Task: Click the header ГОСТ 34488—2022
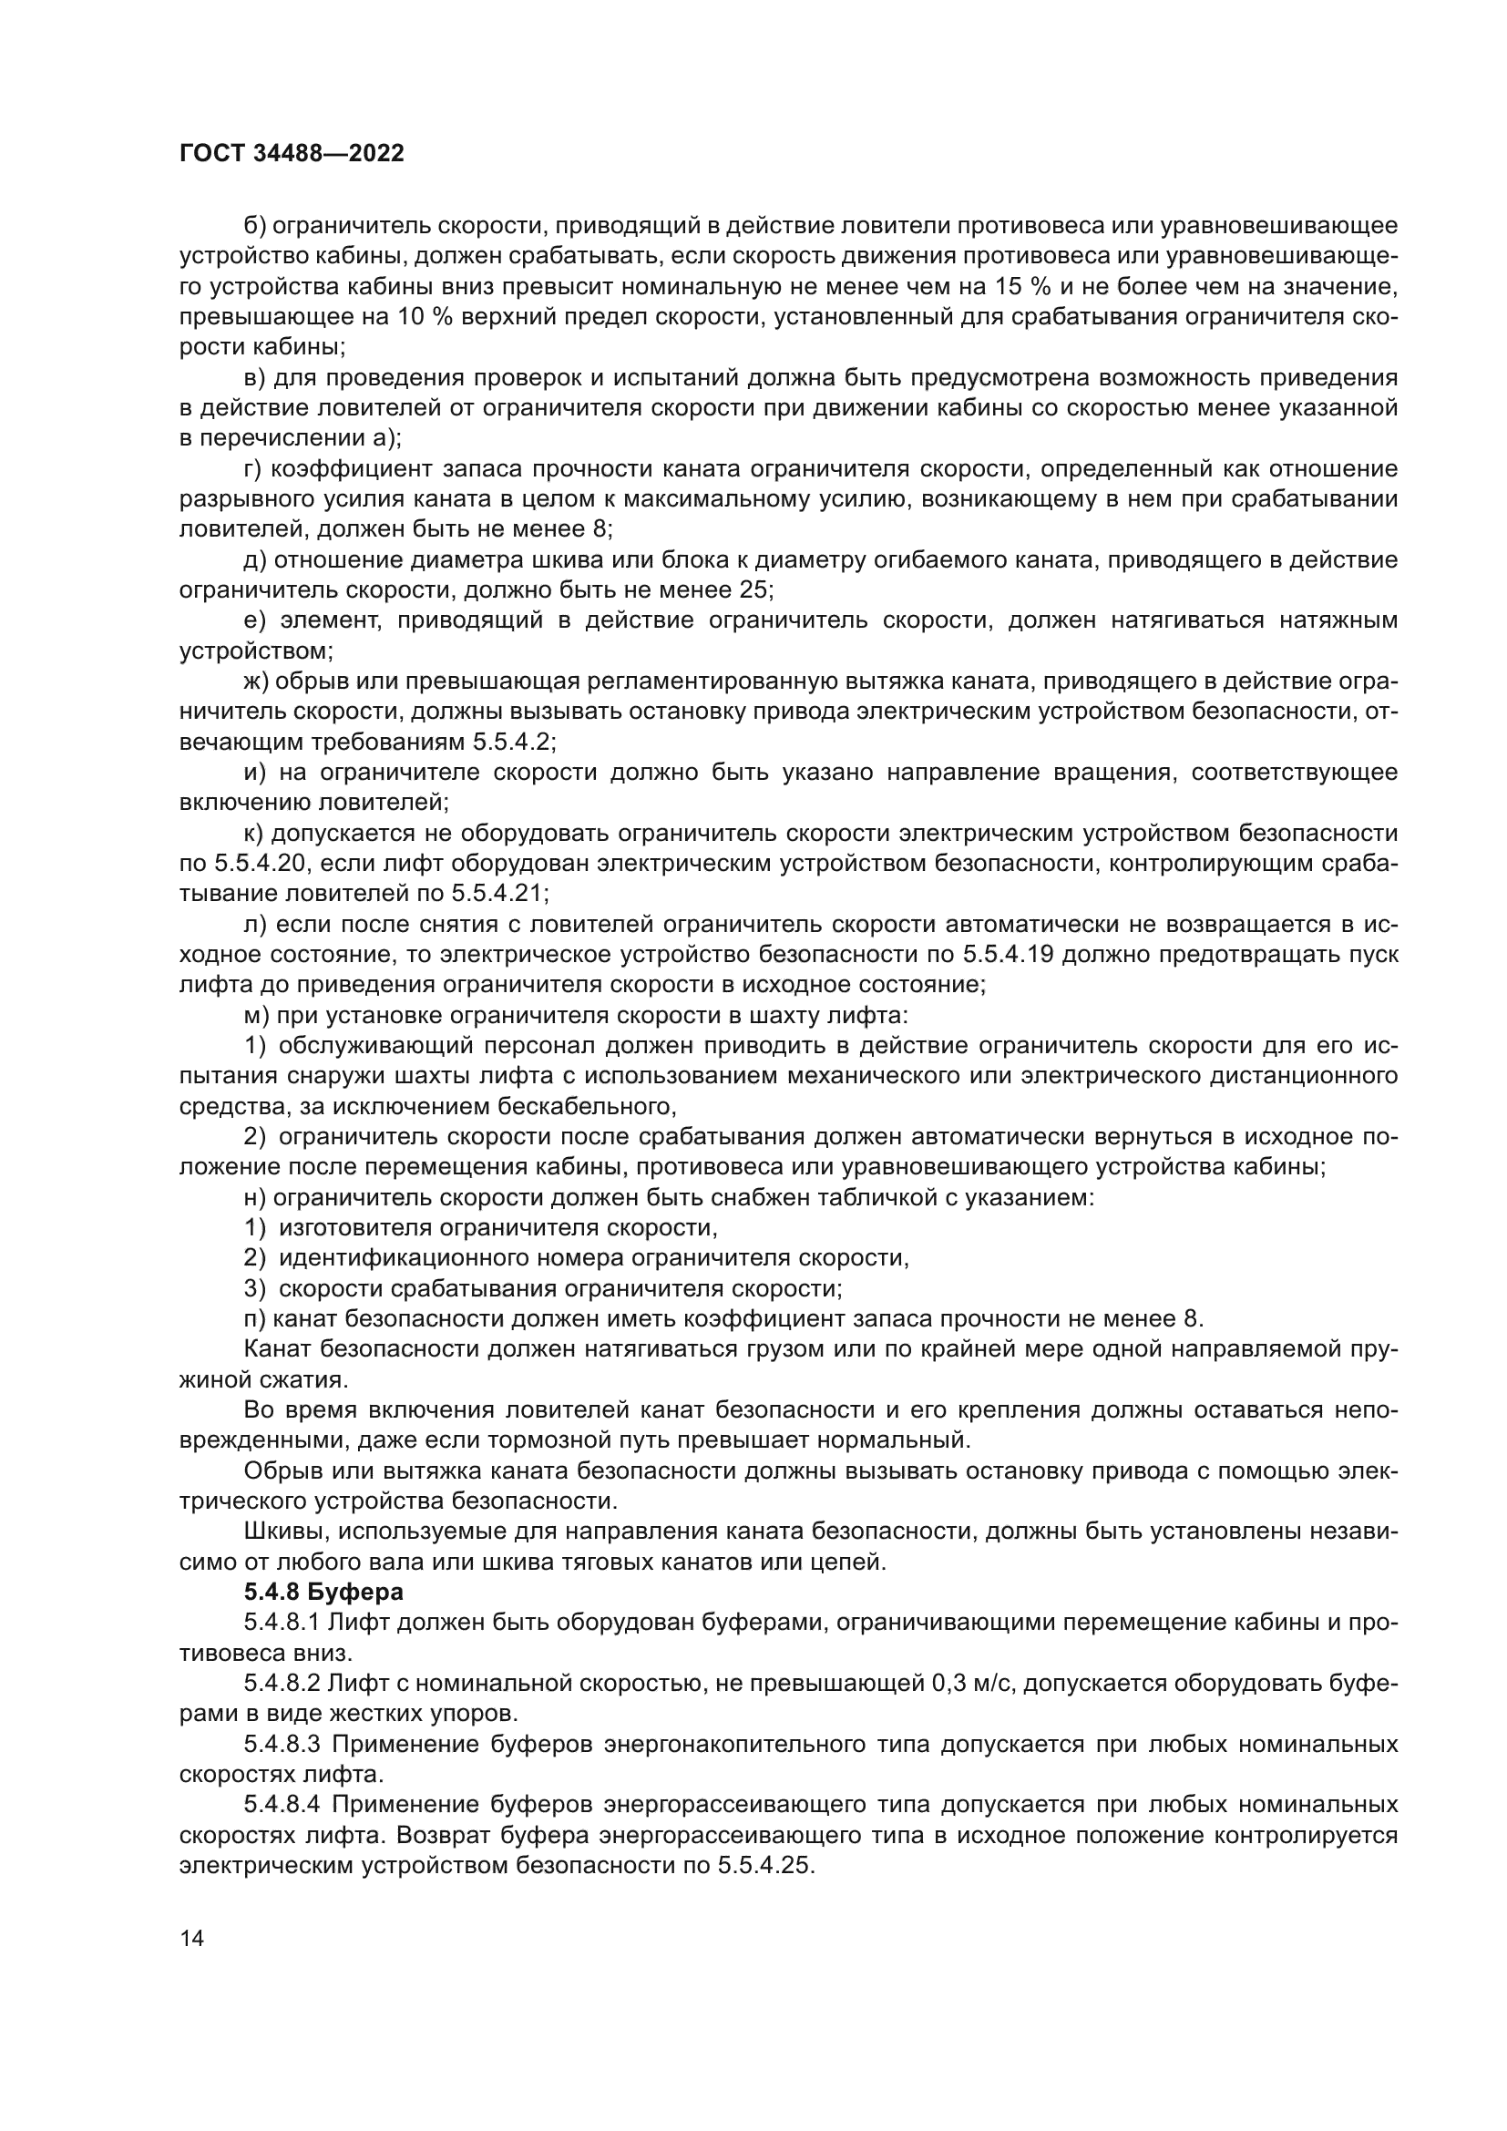(x=292, y=154)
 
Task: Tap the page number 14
(x=191, y=1939)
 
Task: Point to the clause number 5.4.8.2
(x=282, y=1684)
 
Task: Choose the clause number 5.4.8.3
(x=282, y=1745)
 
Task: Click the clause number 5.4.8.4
(x=282, y=1805)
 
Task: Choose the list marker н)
(x=255, y=1198)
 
